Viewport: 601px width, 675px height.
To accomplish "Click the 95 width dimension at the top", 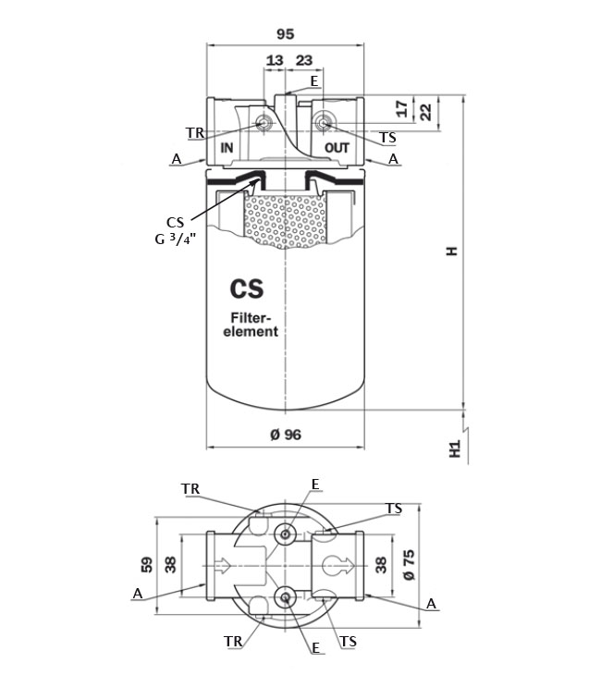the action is [285, 33].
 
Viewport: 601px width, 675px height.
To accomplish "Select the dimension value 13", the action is [275, 60].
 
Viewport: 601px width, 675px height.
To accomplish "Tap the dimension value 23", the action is [303, 60].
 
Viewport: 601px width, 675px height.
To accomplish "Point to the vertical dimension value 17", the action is [401, 108].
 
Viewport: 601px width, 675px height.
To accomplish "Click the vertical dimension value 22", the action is [425, 113].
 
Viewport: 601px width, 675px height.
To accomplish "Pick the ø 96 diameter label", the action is [286, 435].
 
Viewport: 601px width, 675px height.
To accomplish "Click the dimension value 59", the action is [147, 565].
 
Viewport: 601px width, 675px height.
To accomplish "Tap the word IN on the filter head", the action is [227, 148].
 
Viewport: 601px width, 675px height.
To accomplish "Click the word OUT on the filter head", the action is [337, 148].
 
